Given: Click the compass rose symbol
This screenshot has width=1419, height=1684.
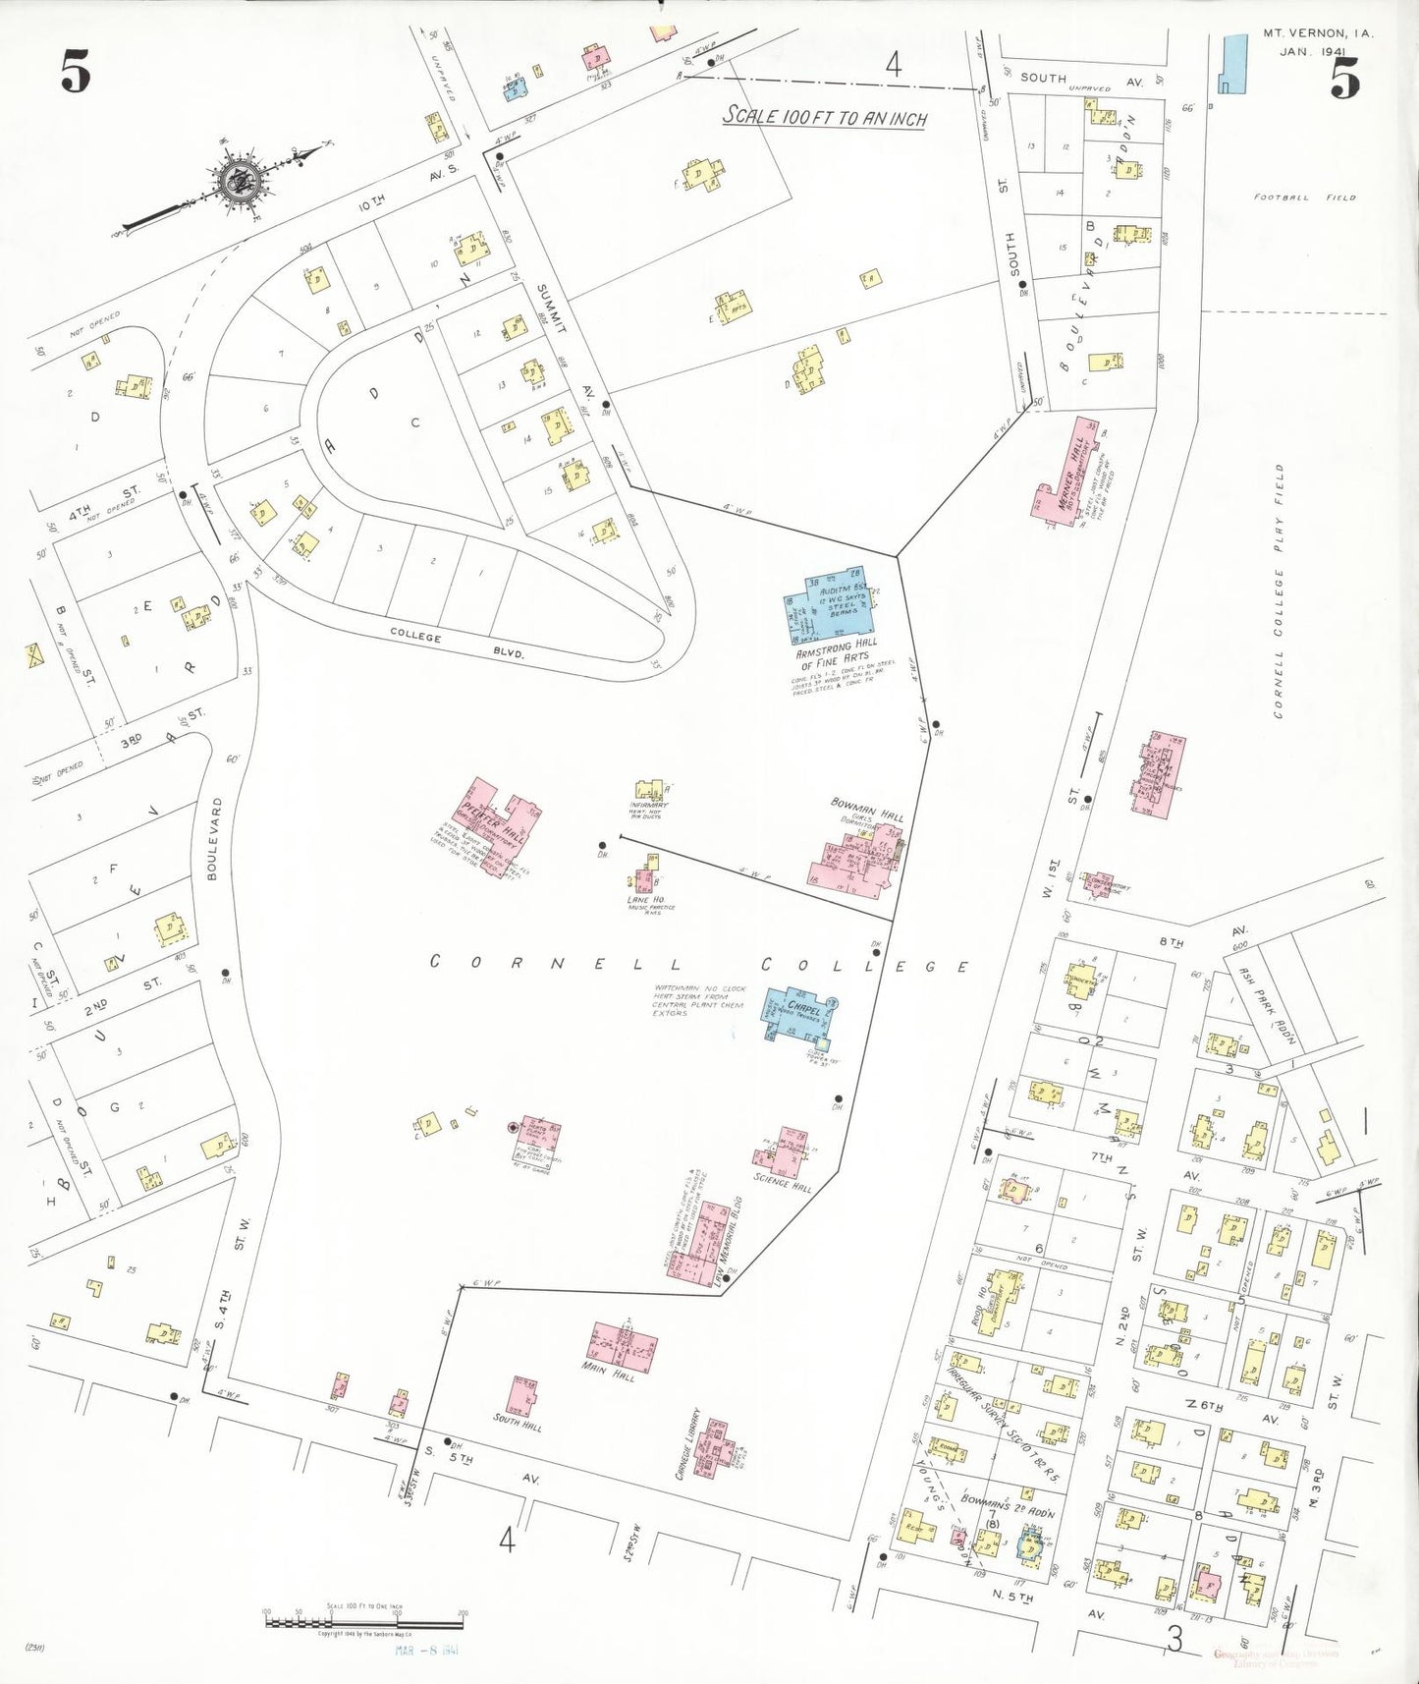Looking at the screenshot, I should coord(238,180).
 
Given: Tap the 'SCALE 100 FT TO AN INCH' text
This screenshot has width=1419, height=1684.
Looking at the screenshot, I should coord(825,117).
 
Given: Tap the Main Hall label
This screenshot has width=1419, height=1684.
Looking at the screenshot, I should coord(608,1372).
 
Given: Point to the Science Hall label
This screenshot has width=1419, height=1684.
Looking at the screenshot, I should coord(783,1182).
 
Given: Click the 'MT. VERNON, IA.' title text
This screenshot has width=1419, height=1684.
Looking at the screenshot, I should coord(1317,33).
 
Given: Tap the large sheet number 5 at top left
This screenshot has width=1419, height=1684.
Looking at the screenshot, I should coord(76,72).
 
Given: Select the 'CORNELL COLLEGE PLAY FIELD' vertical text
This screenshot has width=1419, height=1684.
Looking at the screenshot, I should coord(1279,591).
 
